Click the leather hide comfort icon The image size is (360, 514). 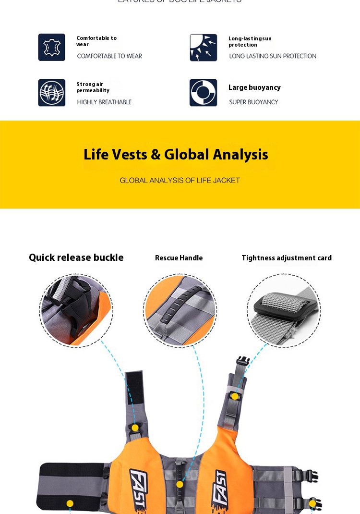52,47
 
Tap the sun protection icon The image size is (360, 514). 204,47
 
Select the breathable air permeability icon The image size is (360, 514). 52,93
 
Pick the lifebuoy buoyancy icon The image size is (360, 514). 204,93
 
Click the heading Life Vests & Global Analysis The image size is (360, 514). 176,155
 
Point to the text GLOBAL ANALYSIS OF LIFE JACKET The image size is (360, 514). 180,181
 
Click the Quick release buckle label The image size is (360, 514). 76,257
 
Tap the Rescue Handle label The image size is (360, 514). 179,258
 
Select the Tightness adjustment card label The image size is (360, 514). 287,258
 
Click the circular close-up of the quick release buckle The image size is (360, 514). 76,310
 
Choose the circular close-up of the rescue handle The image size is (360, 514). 180,310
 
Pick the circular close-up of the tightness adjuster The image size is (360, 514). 284,310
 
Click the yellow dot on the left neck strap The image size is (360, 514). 135,428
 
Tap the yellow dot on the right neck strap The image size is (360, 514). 235,396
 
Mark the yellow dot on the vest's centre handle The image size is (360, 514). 180,484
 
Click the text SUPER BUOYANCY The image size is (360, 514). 253,102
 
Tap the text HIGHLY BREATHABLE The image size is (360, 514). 104,102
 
